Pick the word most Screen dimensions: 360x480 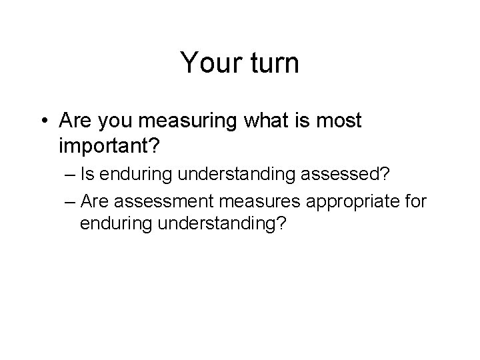337,121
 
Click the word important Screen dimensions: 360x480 107,144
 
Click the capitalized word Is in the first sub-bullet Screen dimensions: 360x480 87,176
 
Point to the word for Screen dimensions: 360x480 415,200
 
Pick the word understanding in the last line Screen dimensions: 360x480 215,223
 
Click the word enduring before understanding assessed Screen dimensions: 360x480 136,176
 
